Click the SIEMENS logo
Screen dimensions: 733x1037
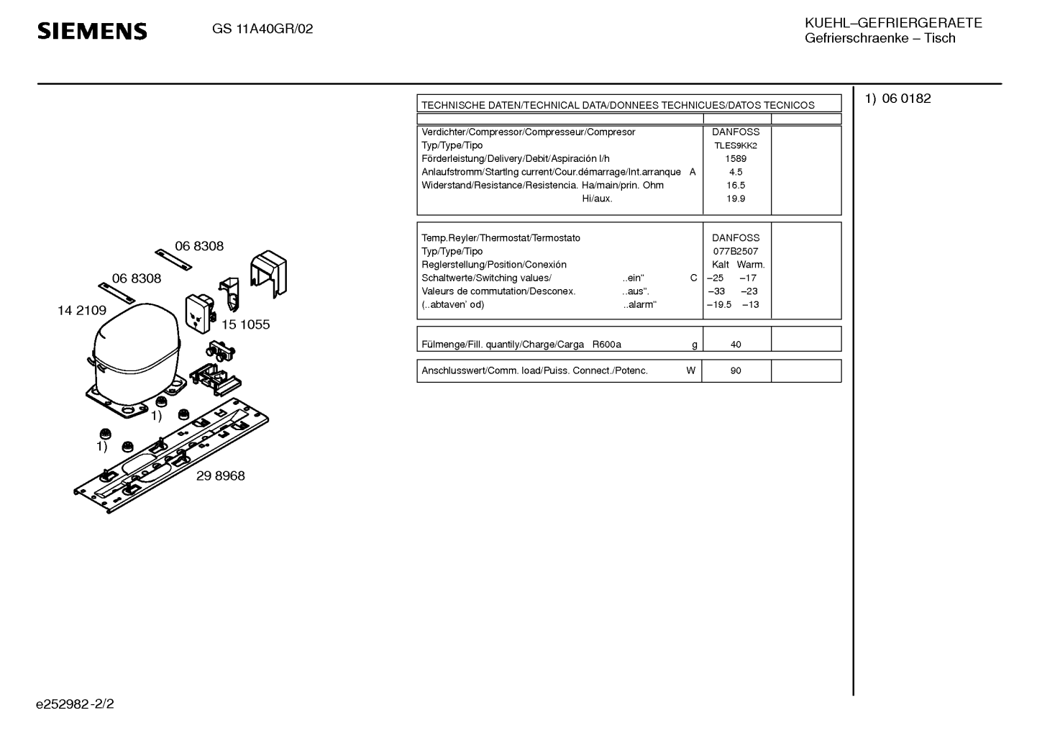(x=92, y=31)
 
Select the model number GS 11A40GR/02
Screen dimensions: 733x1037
(x=262, y=29)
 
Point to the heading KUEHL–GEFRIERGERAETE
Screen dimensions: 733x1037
(x=893, y=23)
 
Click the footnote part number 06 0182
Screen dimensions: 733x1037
(x=906, y=99)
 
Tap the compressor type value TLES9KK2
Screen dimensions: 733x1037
(x=736, y=145)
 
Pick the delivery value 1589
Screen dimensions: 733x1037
(x=736, y=158)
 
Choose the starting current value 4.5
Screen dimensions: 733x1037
(x=736, y=172)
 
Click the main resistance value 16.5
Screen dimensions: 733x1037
(x=736, y=185)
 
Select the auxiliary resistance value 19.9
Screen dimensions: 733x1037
(x=736, y=199)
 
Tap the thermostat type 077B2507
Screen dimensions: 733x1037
(x=736, y=251)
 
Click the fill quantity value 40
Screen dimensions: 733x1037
(x=736, y=345)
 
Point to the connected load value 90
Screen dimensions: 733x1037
(x=736, y=371)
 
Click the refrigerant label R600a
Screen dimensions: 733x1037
(x=606, y=345)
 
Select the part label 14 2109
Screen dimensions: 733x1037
(x=82, y=311)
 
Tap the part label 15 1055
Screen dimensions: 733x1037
(x=245, y=324)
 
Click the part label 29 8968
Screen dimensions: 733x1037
(x=220, y=476)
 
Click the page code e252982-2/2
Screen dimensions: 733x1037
(x=75, y=704)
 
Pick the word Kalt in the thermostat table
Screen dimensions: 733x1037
(x=720, y=265)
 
